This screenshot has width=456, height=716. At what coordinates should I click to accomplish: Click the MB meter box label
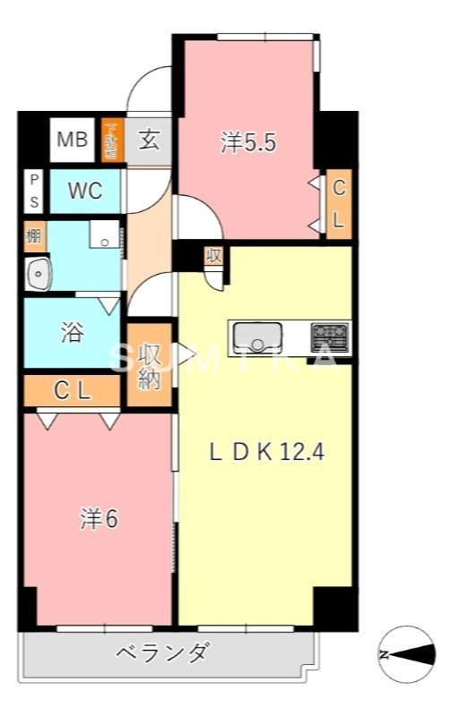pyautogui.click(x=73, y=140)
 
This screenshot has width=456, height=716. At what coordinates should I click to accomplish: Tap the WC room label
pyautogui.click(x=86, y=192)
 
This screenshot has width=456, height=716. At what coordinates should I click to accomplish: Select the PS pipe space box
pyautogui.click(x=34, y=191)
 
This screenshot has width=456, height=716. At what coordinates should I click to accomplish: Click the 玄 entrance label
pyautogui.click(x=149, y=141)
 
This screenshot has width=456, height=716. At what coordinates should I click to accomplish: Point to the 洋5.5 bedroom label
pyautogui.click(x=246, y=142)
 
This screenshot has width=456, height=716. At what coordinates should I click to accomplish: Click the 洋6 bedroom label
pyautogui.click(x=99, y=520)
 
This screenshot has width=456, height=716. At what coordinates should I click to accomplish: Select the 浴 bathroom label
pyautogui.click(x=72, y=333)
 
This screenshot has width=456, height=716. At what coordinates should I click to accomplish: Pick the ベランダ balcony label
pyautogui.click(x=162, y=653)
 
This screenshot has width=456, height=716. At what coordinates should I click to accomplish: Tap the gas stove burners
pyautogui.click(x=330, y=338)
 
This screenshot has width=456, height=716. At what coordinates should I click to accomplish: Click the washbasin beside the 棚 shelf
pyautogui.click(x=38, y=272)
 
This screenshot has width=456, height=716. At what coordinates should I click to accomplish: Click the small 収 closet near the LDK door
pyautogui.click(x=213, y=255)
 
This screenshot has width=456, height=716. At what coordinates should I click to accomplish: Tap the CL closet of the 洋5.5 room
pyautogui.click(x=339, y=205)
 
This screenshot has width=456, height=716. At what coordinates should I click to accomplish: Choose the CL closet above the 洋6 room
pyautogui.click(x=72, y=390)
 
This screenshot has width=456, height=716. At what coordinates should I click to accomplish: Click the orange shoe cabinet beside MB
pyautogui.click(x=111, y=140)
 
